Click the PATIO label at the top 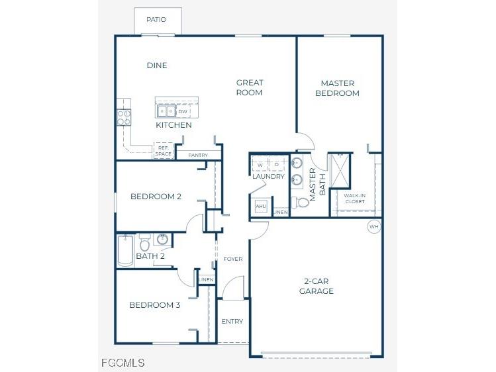(x=156, y=20)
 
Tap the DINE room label (x=157, y=66)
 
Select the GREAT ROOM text (x=250, y=88)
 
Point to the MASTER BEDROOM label (x=337, y=88)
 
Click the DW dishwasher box (x=183, y=112)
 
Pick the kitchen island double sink (x=166, y=112)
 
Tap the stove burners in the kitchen (x=124, y=117)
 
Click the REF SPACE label (x=164, y=151)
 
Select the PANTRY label (x=198, y=156)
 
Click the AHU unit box (x=261, y=206)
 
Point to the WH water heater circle (x=373, y=226)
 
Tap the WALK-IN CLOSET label (x=354, y=199)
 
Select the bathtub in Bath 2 (x=126, y=250)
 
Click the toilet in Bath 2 (x=145, y=244)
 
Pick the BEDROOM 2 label (x=156, y=197)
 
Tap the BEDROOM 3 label (x=154, y=305)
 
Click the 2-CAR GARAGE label (x=316, y=286)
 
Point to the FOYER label (x=232, y=259)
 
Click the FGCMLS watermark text (x=123, y=363)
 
